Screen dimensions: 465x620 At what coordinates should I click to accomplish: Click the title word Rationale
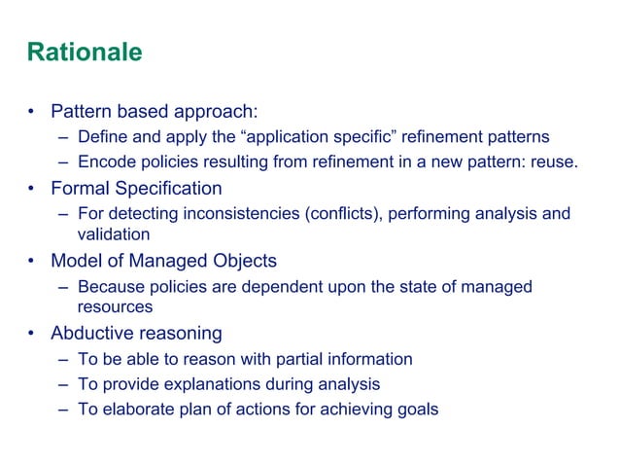pos(84,52)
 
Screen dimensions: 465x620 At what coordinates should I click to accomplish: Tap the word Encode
pos(104,161)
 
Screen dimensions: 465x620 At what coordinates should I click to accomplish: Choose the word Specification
pos(169,188)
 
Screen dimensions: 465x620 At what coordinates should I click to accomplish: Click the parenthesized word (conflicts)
pos(345,213)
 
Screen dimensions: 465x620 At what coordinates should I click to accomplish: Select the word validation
pos(114,234)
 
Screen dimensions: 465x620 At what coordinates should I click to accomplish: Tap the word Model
pos(78,261)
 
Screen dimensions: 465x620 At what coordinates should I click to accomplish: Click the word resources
pos(115,307)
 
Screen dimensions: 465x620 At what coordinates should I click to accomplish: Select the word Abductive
pos(92,334)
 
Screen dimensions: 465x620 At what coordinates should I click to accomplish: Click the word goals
pos(417,409)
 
